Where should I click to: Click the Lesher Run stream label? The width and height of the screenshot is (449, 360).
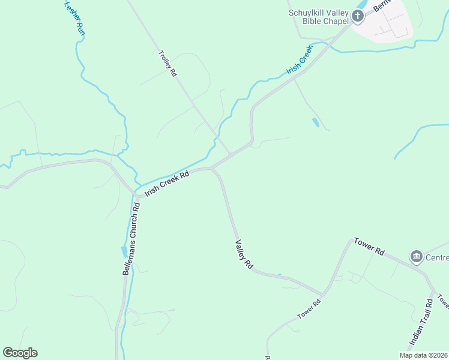pyautogui.click(x=73, y=16)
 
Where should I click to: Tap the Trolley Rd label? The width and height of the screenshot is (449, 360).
pyautogui.click(x=167, y=63)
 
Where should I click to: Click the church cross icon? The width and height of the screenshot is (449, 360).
pyautogui.click(x=358, y=16)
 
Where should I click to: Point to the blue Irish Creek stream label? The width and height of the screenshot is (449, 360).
pyautogui.click(x=300, y=59)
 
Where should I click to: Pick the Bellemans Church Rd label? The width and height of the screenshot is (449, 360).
pyautogui.click(x=131, y=238)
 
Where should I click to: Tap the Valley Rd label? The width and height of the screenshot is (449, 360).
pyautogui.click(x=244, y=254)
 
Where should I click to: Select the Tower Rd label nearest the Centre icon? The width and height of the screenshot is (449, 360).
pyautogui.click(x=369, y=247)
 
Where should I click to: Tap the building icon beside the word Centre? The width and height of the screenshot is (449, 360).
pyautogui.click(x=416, y=257)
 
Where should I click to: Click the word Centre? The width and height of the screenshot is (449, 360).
pyautogui.click(x=437, y=258)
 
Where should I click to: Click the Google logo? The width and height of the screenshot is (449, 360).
pyautogui.click(x=20, y=353)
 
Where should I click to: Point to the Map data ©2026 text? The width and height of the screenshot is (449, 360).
pyautogui.click(x=423, y=355)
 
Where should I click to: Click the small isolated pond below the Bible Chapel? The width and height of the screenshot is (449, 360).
pyautogui.click(x=316, y=122)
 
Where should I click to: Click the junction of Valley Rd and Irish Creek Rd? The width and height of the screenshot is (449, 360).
pyautogui.click(x=212, y=169)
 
